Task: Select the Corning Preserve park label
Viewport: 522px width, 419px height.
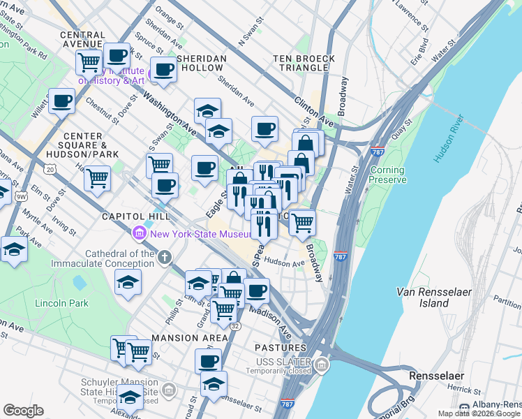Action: tap(387, 175)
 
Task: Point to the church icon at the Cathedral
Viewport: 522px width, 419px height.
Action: tap(164, 258)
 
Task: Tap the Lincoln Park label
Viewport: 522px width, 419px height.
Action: tap(61, 304)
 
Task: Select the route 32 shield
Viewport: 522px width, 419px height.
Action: tap(235, 326)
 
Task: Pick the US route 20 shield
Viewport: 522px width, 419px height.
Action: tap(49, 169)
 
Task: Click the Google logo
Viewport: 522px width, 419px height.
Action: tap(24, 410)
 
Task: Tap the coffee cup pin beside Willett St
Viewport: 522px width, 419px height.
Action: tap(61, 101)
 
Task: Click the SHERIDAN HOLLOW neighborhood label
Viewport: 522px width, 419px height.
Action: tap(202, 63)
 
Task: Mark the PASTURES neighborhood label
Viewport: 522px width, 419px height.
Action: tap(280, 347)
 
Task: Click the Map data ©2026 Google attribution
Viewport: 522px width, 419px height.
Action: tap(479, 413)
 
